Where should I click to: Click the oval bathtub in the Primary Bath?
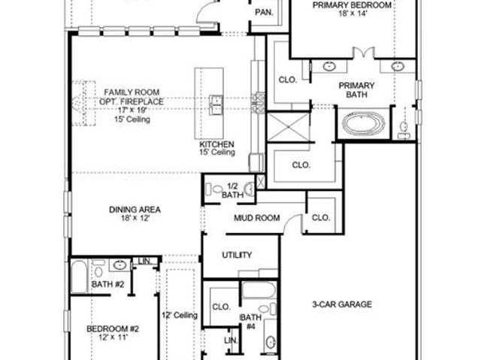(x=364, y=124)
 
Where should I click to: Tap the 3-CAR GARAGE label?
(x=342, y=304)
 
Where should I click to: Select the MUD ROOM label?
(x=257, y=218)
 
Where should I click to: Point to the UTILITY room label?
(x=237, y=255)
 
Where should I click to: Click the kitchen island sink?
(x=216, y=105)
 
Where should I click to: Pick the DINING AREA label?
(x=135, y=210)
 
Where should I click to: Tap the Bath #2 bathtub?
(x=79, y=277)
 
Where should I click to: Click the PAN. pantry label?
(x=264, y=12)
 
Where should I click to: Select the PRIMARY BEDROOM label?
(x=352, y=5)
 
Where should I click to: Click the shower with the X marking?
(x=289, y=127)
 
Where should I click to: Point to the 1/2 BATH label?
(x=232, y=190)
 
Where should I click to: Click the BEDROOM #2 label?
(x=113, y=329)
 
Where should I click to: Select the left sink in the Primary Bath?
(x=329, y=67)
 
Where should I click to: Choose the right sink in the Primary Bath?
(x=398, y=67)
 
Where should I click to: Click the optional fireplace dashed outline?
(x=83, y=103)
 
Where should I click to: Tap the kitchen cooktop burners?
(x=258, y=103)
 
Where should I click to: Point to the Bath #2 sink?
(x=119, y=265)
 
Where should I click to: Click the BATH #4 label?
(x=250, y=322)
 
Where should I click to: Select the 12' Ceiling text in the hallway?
(x=180, y=315)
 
